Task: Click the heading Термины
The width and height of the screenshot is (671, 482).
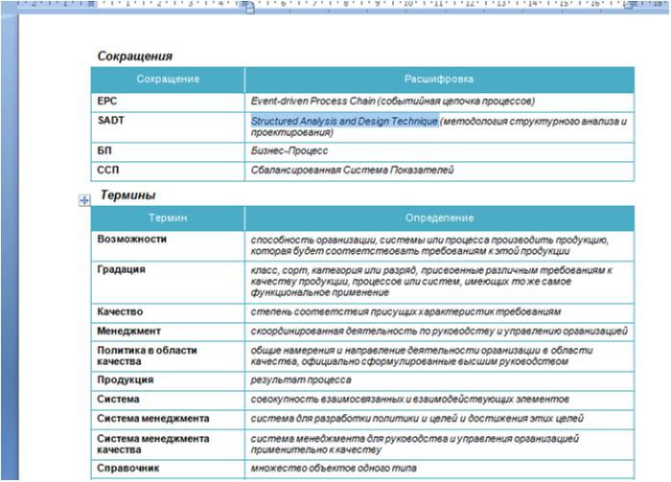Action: tap(127, 195)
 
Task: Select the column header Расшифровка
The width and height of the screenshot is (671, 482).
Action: tap(439, 79)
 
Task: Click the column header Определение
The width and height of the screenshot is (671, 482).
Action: tap(439, 218)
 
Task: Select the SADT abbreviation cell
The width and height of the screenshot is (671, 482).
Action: tap(110, 122)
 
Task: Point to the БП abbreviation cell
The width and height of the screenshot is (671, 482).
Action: tap(104, 150)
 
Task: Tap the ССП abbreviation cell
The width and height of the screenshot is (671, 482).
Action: tap(108, 170)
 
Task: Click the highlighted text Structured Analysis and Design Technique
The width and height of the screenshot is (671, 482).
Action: tap(344, 122)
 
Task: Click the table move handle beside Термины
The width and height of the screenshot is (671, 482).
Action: tap(84, 199)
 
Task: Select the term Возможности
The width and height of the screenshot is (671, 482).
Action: tap(131, 239)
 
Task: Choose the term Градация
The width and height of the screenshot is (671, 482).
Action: tap(121, 269)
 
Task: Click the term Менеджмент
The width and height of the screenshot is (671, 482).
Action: tap(128, 331)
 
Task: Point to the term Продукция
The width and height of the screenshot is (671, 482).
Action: tap(126, 379)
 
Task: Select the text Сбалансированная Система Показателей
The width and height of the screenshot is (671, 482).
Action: tap(352, 170)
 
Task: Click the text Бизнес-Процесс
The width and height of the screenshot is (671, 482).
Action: tap(289, 150)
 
